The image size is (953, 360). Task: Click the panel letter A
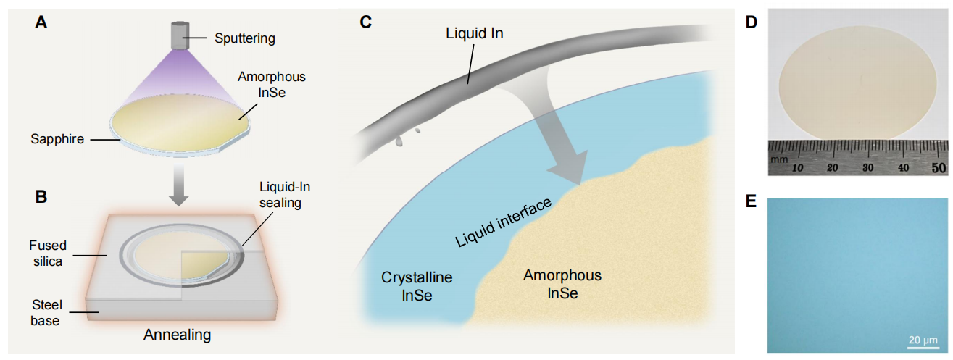pos(41,23)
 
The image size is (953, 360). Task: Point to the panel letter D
pos(751,23)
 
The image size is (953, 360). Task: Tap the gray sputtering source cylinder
pos(180,35)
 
